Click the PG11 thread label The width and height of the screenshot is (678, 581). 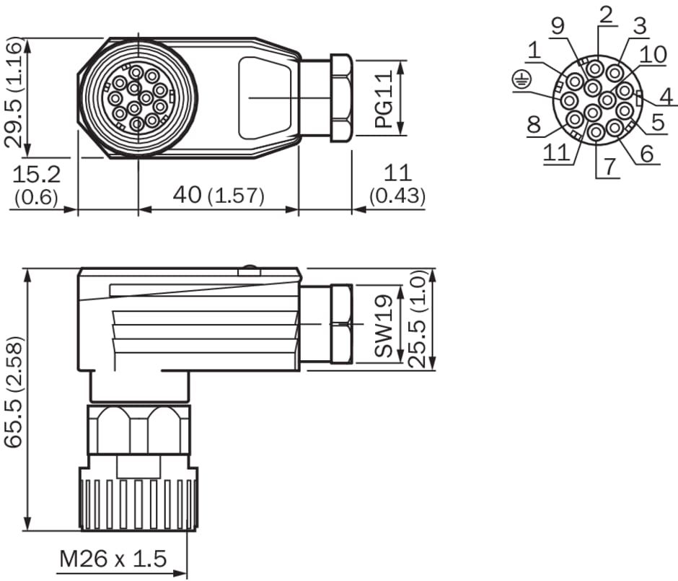[x=384, y=99]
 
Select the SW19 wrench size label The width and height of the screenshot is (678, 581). [x=384, y=326]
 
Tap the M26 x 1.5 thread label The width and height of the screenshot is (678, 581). [x=113, y=559]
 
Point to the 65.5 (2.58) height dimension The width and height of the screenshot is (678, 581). [x=13, y=392]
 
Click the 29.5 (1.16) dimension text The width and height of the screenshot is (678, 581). [x=13, y=93]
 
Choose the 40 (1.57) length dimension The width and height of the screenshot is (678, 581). [x=219, y=195]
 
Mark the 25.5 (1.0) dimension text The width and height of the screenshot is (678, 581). [x=418, y=319]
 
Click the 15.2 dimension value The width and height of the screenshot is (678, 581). [x=37, y=174]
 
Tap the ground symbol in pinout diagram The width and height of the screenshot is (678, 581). [x=521, y=80]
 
